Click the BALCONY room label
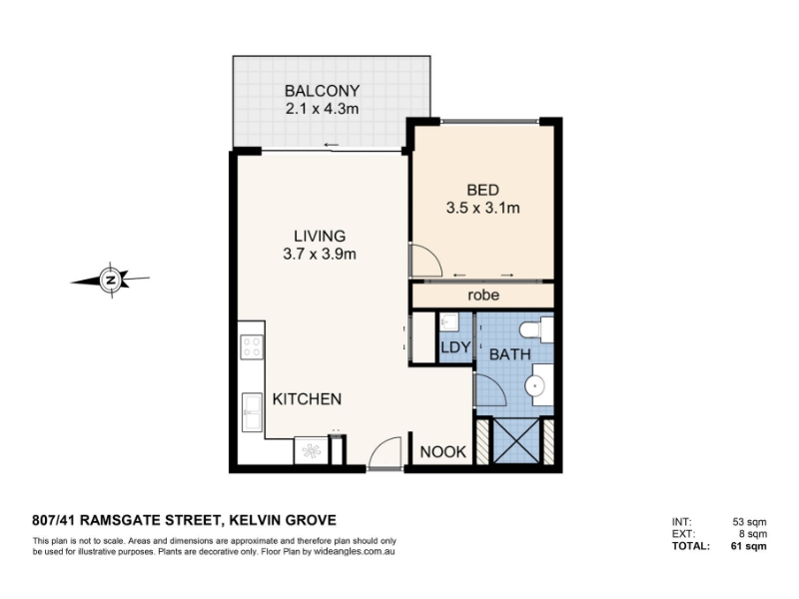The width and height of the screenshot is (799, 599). (x=322, y=91)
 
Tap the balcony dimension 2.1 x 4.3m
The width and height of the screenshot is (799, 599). (x=322, y=109)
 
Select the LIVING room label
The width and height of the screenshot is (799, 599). (x=320, y=236)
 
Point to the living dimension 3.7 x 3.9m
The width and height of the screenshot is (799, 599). (x=320, y=254)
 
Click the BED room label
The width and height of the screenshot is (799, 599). (x=482, y=190)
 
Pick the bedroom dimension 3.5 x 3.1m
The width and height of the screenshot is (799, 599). (x=482, y=208)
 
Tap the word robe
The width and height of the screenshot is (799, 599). (x=483, y=295)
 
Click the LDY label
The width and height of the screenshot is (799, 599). (x=455, y=347)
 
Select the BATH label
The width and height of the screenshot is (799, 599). (x=510, y=354)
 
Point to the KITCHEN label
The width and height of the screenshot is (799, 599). (x=307, y=398)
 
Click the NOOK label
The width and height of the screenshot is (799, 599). (x=442, y=452)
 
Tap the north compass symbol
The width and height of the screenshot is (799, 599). (x=111, y=280)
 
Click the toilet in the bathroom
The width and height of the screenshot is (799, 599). (x=536, y=329)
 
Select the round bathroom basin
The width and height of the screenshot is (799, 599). (x=535, y=386)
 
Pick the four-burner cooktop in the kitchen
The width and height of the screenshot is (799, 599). (x=252, y=347)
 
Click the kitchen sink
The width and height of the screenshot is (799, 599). (x=252, y=412)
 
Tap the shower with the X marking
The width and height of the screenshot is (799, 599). (x=516, y=440)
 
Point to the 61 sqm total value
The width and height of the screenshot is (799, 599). (x=748, y=546)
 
